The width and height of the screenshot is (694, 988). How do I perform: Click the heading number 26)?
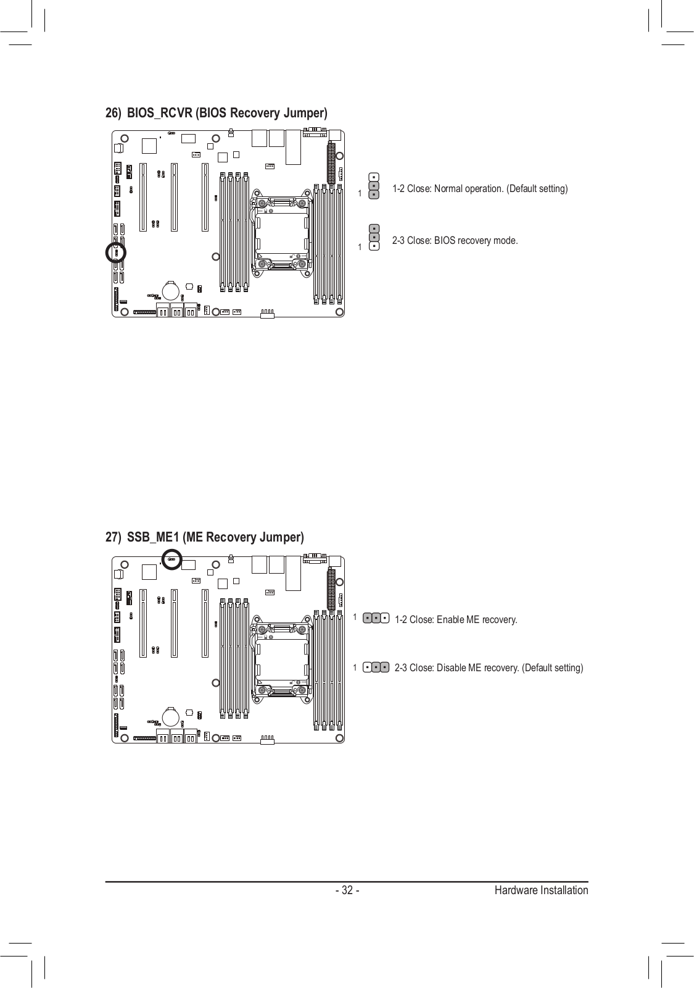pos(113,114)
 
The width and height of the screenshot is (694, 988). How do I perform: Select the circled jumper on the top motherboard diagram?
pos(116,253)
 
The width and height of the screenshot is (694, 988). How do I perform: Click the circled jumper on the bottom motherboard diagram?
pos(171,559)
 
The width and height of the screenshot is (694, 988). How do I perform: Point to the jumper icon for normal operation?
pos(374,186)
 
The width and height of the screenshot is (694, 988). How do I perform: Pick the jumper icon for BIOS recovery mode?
pos(374,238)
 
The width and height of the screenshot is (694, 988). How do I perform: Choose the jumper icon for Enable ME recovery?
pos(376,617)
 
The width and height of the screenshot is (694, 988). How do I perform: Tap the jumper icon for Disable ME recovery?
pos(376,667)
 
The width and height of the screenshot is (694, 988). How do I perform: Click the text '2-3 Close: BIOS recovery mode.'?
pos(455,240)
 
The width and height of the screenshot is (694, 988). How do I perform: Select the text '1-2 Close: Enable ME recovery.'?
pos(455,619)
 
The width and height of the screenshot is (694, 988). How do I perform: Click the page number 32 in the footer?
pos(347,890)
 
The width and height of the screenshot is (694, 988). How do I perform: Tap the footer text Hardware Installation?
pos(540,890)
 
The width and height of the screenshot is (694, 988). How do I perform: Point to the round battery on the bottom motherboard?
pos(171,716)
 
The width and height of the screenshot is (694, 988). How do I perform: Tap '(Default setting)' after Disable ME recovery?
pos(552,668)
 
